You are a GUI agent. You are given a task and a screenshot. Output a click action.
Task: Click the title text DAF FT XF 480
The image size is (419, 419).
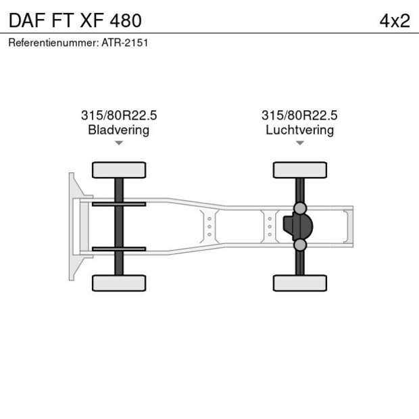[x=75, y=20]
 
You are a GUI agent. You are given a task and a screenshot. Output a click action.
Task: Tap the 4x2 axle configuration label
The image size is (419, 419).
[x=394, y=20]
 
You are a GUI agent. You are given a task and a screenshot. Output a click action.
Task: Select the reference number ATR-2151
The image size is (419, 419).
[x=125, y=43]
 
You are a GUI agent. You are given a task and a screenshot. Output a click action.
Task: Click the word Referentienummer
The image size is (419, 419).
[x=53, y=43]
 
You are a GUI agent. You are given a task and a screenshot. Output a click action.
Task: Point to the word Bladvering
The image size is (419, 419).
[x=119, y=130]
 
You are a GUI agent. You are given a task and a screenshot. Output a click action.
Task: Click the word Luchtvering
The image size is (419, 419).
[x=299, y=130]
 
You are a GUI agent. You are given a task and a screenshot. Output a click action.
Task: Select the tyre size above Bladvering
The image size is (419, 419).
[x=119, y=116]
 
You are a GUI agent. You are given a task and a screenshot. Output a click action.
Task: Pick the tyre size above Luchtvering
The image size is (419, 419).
[x=299, y=116]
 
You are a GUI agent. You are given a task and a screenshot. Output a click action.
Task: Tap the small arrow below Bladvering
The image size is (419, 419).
[x=119, y=143]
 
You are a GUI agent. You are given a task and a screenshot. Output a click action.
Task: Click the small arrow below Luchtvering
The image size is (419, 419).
[x=299, y=143]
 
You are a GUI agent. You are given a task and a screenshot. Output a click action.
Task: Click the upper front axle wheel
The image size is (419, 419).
[x=119, y=170]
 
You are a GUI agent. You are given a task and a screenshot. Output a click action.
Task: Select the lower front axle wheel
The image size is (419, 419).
[x=119, y=283]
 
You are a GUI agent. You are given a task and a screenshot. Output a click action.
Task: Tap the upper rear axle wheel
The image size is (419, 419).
[x=299, y=170]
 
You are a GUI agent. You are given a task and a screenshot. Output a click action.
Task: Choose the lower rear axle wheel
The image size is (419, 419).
[x=299, y=283]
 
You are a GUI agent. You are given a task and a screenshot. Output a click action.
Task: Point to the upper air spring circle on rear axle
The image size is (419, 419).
[x=300, y=208]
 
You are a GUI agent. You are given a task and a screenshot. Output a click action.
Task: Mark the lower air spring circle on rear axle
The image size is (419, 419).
[x=300, y=245]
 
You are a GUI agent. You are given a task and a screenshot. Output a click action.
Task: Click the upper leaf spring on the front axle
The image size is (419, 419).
[x=119, y=204]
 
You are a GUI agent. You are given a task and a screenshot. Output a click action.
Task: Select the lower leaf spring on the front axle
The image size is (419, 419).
[x=119, y=249]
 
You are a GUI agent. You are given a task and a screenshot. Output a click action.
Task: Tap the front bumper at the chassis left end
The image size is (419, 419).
[x=72, y=226]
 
